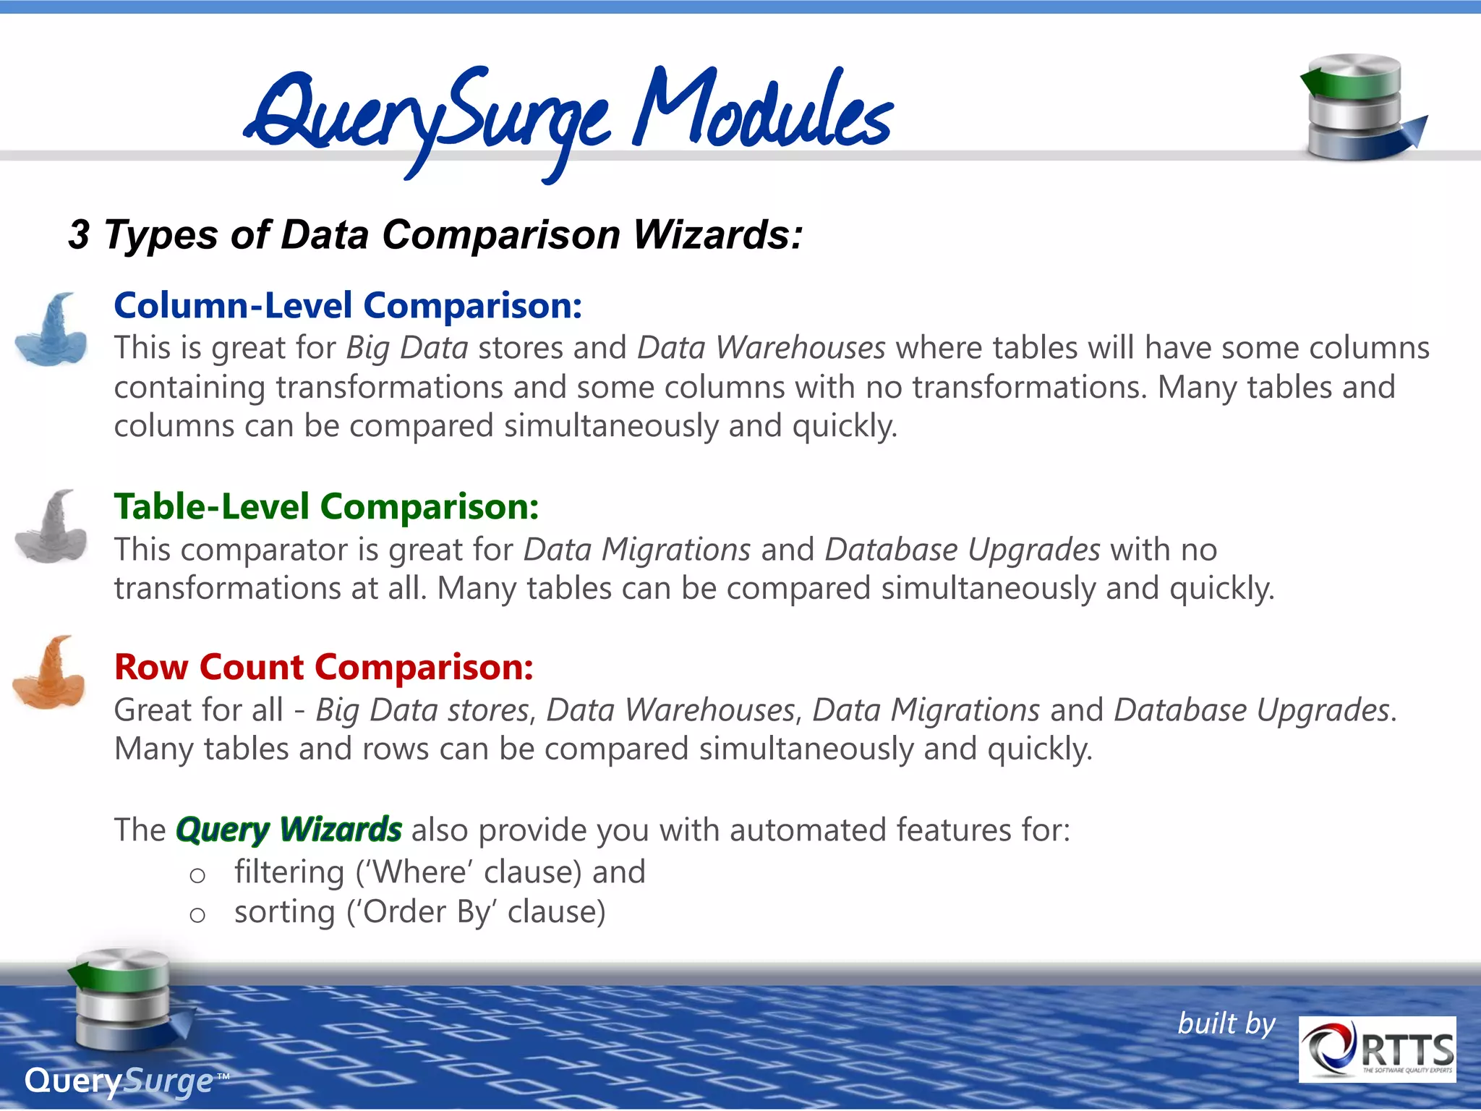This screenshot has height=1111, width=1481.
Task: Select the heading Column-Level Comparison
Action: pos(348,305)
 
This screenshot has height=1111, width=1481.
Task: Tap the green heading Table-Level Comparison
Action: pos(326,506)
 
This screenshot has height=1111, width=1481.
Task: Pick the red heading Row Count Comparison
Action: pos(324,667)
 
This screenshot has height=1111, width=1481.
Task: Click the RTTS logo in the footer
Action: pos(1377,1049)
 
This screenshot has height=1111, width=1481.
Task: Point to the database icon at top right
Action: pos(1360,107)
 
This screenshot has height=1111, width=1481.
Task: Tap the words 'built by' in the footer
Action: pos(1226,1023)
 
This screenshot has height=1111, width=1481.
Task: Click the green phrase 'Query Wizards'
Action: pos(289,830)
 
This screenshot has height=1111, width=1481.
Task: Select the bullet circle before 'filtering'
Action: pos(197,876)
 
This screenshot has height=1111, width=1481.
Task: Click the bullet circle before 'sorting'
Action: pos(197,915)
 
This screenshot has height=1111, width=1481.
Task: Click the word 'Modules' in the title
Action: pos(763,108)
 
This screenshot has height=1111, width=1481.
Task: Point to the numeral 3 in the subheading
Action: pos(79,235)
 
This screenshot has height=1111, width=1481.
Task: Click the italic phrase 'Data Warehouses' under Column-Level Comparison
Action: pos(761,348)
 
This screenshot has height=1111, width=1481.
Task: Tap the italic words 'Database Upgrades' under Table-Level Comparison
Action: pos(963,550)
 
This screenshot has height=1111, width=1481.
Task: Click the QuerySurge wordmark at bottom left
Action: pos(119,1081)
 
